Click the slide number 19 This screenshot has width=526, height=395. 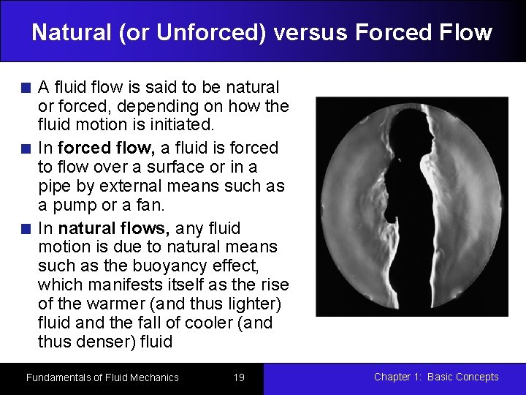[x=238, y=377]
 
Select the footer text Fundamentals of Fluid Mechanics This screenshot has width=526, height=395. [x=102, y=377]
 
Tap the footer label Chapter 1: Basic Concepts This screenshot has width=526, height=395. [x=436, y=377]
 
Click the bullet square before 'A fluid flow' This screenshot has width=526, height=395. [x=26, y=89]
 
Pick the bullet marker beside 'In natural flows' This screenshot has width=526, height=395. [x=26, y=229]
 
